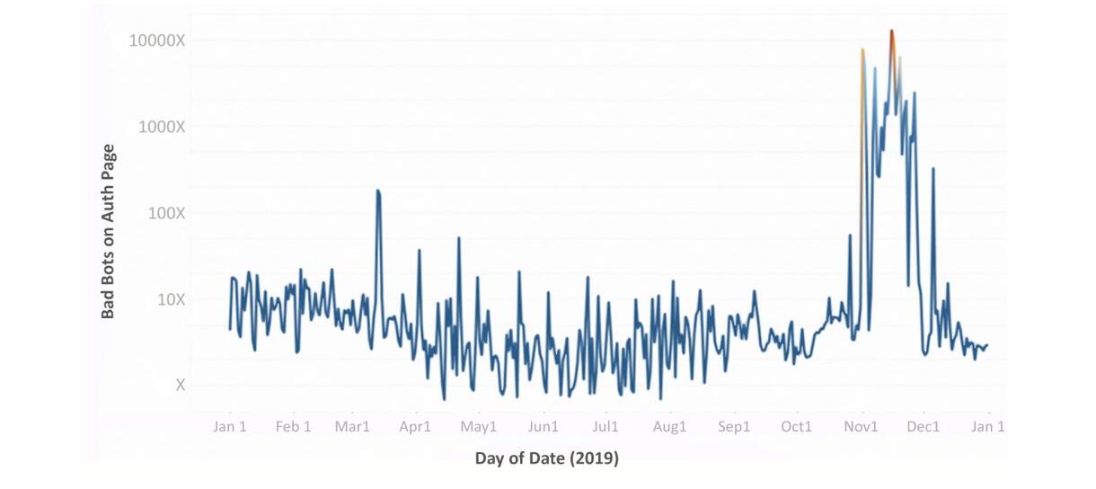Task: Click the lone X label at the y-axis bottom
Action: coord(180,385)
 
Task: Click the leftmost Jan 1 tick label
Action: coord(230,427)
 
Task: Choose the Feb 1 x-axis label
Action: coord(293,427)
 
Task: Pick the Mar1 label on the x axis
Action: coord(352,427)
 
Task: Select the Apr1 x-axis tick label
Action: coord(415,427)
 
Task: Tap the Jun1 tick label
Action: coord(543,427)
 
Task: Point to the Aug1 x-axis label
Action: coord(669,427)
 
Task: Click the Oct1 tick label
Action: coord(796,427)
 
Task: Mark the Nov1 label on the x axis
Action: coord(861,427)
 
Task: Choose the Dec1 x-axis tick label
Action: coord(923,427)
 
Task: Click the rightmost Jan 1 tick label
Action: coord(988,427)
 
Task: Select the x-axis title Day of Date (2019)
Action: coord(546,459)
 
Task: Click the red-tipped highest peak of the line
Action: coord(891,31)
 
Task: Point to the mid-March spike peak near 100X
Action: coord(378,191)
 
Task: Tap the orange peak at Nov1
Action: coord(862,50)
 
